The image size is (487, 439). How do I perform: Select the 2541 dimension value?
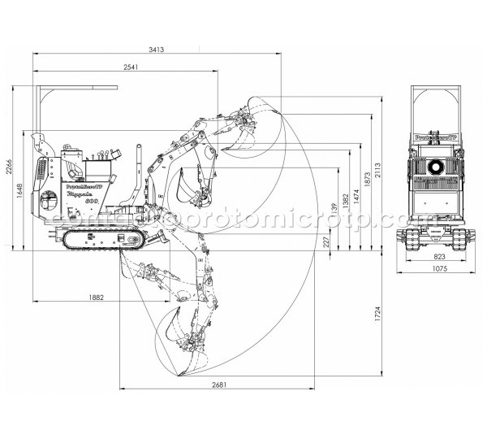(126, 67)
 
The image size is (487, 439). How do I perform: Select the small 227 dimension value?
(326, 241)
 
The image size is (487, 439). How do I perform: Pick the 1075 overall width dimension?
(438, 268)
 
